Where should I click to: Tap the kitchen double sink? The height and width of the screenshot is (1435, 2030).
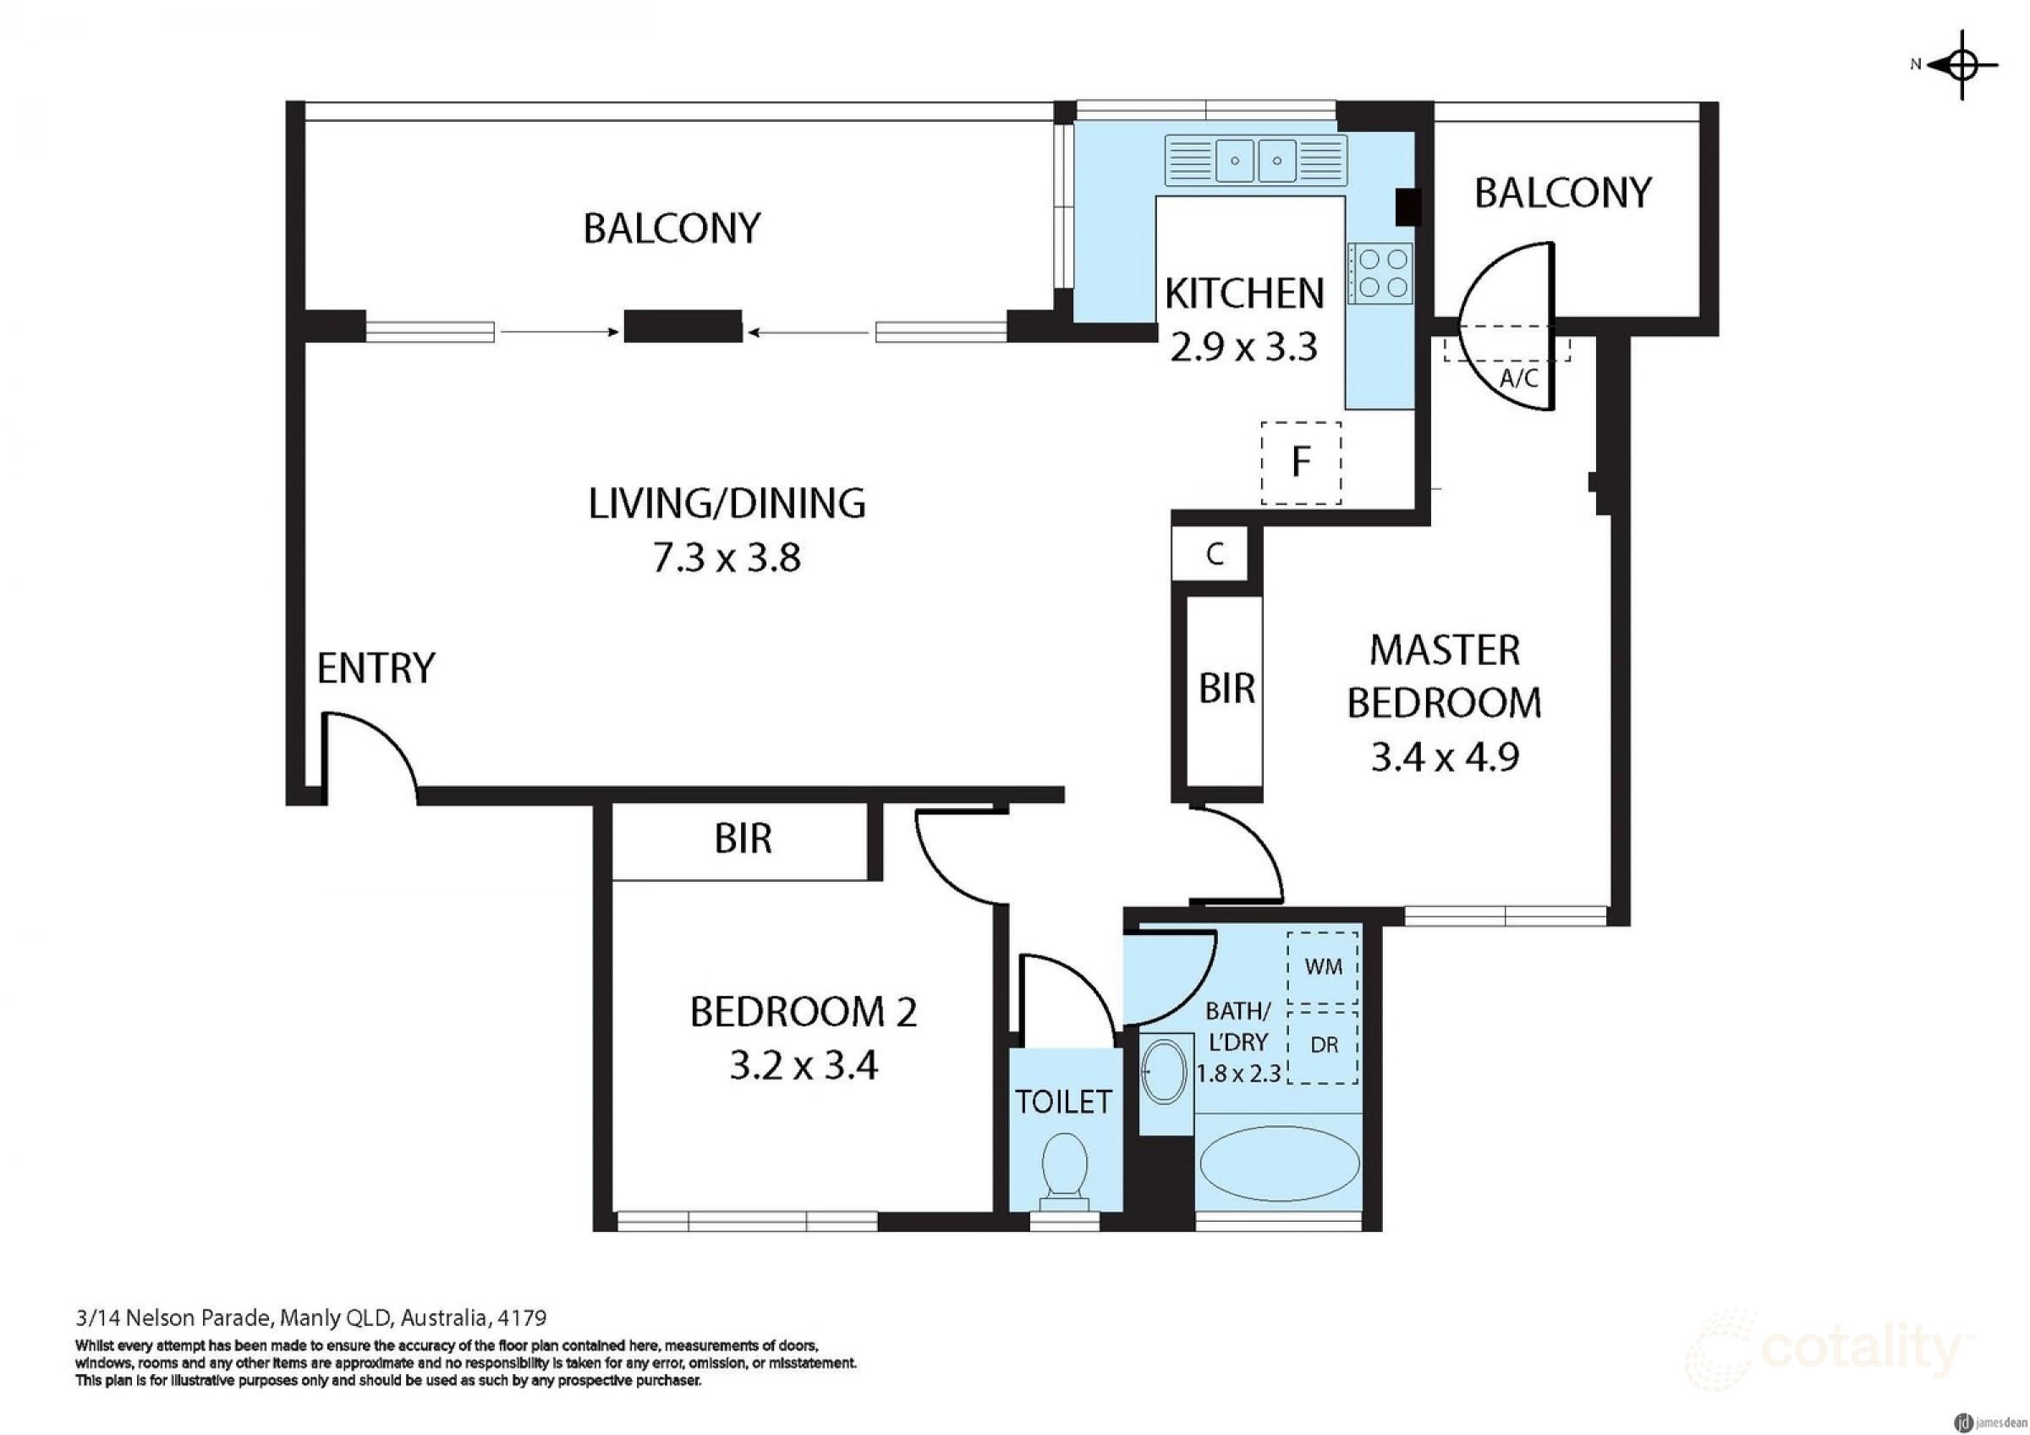(x=1255, y=160)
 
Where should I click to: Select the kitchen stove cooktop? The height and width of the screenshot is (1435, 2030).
(x=1380, y=272)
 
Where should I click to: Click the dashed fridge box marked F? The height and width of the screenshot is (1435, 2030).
(x=1301, y=464)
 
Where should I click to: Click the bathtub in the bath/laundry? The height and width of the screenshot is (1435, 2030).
(x=1277, y=1164)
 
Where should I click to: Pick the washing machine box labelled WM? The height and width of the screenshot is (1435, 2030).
(x=1323, y=967)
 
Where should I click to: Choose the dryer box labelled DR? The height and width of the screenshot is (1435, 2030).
(x=1323, y=1046)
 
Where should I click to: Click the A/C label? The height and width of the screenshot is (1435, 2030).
(x=1519, y=379)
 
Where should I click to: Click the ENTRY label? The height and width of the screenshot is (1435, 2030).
(x=376, y=668)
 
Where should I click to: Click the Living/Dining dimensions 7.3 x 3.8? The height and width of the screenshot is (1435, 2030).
(x=727, y=558)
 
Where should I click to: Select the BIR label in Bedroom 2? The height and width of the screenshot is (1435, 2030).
(x=743, y=838)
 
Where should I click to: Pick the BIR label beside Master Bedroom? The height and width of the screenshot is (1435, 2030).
(x=1226, y=688)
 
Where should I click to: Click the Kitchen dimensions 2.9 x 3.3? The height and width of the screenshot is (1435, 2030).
(x=1244, y=347)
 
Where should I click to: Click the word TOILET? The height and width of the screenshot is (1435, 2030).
(x=1062, y=1102)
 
